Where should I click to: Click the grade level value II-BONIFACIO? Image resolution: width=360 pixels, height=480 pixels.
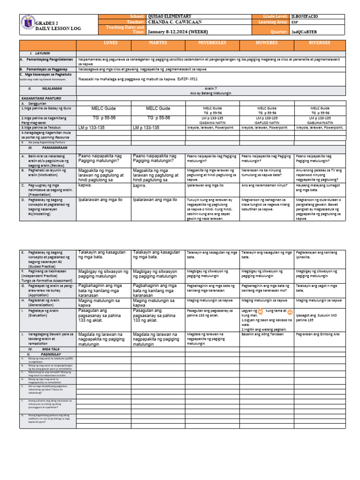coord(317,16)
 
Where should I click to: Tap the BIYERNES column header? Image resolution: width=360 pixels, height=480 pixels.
coord(320,43)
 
